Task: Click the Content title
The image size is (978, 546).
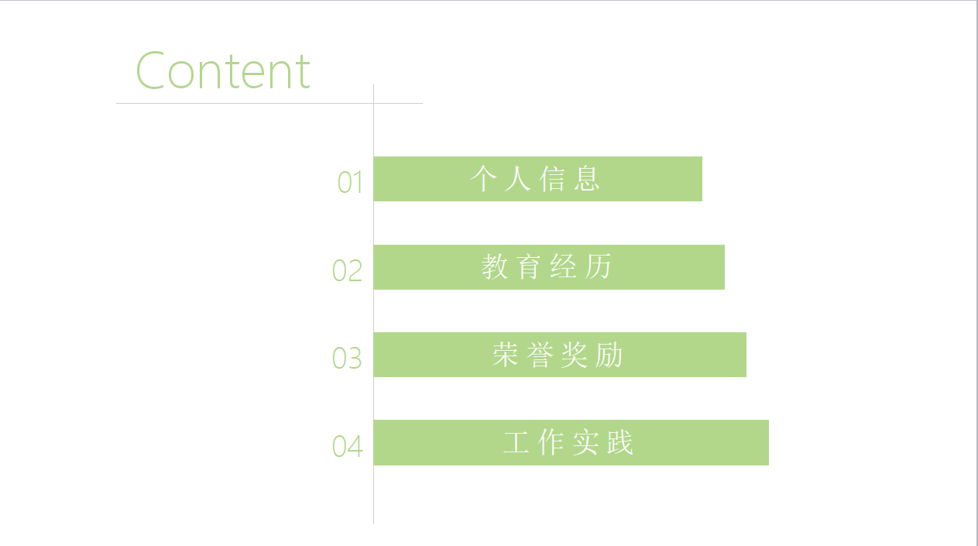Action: (x=223, y=70)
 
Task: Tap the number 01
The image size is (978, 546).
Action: (x=350, y=182)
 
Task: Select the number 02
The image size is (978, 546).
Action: (x=348, y=270)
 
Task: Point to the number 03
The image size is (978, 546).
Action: (x=348, y=358)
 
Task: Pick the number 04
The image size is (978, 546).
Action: (x=348, y=446)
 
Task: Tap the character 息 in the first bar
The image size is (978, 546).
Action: (x=588, y=179)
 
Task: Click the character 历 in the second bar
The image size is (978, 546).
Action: (x=599, y=267)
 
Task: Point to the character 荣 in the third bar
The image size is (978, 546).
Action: (x=505, y=355)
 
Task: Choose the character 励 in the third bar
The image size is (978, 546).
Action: (x=610, y=355)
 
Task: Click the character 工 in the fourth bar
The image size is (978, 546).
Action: (x=516, y=443)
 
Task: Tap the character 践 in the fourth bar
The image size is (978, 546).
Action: (x=621, y=443)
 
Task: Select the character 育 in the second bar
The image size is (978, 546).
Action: (x=529, y=267)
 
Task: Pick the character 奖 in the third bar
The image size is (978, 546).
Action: (x=575, y=355)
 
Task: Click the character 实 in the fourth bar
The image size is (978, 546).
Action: (x=586, y=443)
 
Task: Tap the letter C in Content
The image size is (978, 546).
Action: (x=152, y=70)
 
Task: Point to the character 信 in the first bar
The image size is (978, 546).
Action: (x=552, y=179)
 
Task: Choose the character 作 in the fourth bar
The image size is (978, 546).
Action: (x=551, y=443)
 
